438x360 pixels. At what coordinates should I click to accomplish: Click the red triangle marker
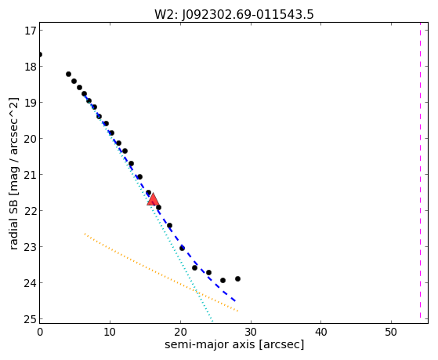tap(153, 199)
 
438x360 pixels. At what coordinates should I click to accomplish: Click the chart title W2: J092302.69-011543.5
tap(234, 15)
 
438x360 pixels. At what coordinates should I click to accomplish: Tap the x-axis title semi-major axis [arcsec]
tap(234, 344)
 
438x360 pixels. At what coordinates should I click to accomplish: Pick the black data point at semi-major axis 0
tap(40, 54)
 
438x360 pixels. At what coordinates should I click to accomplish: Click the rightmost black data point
tap(237, 278)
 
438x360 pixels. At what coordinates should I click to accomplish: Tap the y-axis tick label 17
tap(31, 31)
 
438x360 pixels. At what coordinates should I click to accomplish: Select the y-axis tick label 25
tap(31, 319)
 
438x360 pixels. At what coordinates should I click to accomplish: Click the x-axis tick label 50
tap(391, 332)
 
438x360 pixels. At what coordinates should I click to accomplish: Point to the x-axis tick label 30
tap(251, 332)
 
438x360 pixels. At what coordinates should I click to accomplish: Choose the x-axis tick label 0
tap(40, 332)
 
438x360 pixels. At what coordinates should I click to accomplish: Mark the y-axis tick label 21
tap(31, 175)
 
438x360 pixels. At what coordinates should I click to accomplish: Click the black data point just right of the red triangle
tap(158, 207)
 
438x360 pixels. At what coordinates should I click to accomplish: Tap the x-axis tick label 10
tap(110, 332)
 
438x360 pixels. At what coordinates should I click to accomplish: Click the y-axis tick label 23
tap(31, 247)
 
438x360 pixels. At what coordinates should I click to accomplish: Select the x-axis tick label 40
tap(320, 332)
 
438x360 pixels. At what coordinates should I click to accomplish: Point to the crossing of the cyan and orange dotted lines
tap(197, 291)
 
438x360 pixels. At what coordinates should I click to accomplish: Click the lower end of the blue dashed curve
tap(236, 301)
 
